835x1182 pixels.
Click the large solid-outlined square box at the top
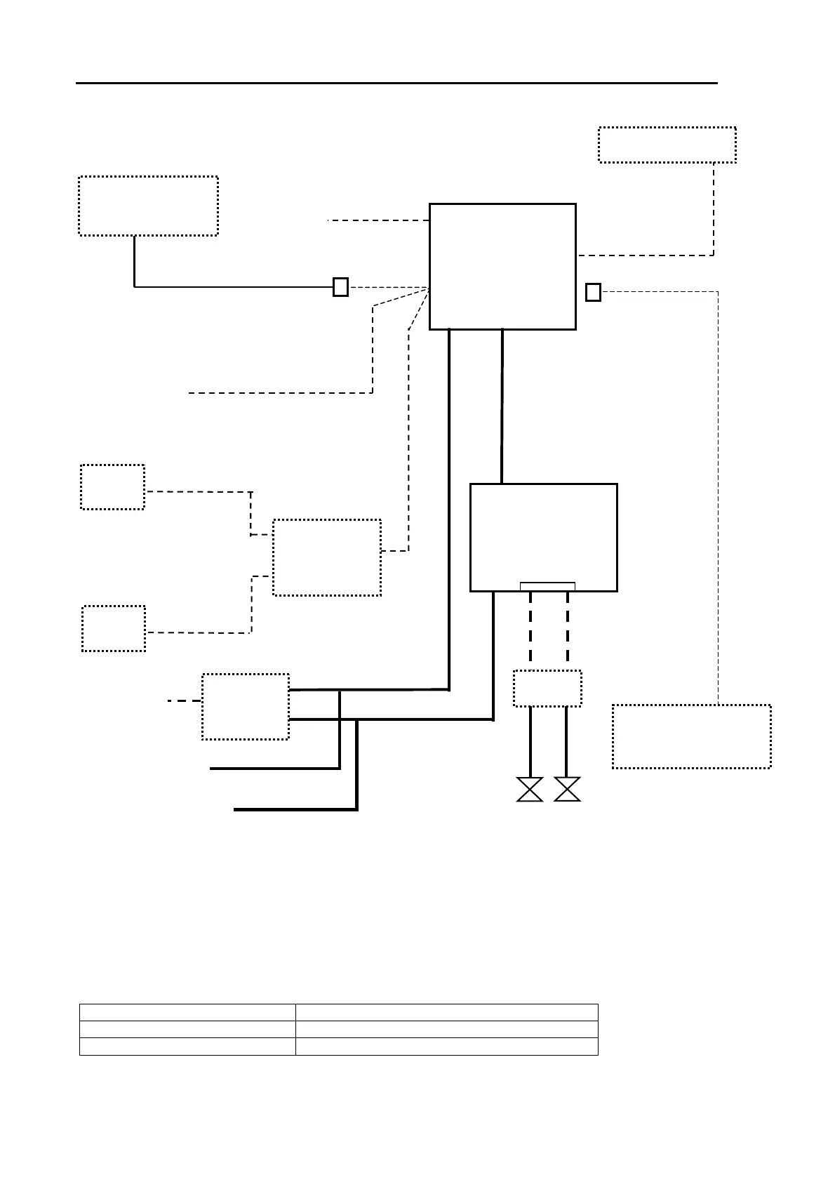pyautogui.click(x=502, y=267)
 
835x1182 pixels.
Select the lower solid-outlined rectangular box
pyautogui.click(x=543, y=537)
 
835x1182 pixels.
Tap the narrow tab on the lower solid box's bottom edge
pyautogui.click(x=547, y=587)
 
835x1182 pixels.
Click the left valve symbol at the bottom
pyautogui.click(x=530, y=789)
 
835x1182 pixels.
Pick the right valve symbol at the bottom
pyautogui.click(x=567, y=789)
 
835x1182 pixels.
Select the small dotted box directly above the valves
pyautogui.click(x=547, y=689)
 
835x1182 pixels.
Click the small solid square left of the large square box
pyautogui.click(x=340, y=287)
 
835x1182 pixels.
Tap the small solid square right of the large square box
pyautogui.click(x=593, y=292)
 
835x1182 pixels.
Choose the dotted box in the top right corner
pyautogui.click(x=667, y=145)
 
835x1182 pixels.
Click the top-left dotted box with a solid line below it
pyautogui.click(x=148, y=206)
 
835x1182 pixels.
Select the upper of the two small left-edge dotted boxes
pyautogui.click(x=112, y=486)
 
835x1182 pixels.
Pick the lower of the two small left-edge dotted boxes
pyautogui.click(x=114, y=628)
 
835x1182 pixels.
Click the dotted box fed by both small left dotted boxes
pyautogui.click(x=326, y=557)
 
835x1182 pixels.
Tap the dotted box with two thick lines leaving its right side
pyautogui.click(x=245, y=706)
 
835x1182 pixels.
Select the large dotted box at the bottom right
pyautogui.click(x=691, y=736)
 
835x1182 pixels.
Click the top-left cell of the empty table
pyautogui.click(x=187, y=1012)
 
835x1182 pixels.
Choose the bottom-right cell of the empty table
pyautogui.click(x=446, y=1047)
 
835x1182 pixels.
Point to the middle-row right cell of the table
pyautogui.click(x=446, y=1030)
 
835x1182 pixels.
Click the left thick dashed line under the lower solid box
pyautogui.click(x=530, y=627)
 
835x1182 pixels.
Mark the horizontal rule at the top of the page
pyautogui.click(x=396, y=83)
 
